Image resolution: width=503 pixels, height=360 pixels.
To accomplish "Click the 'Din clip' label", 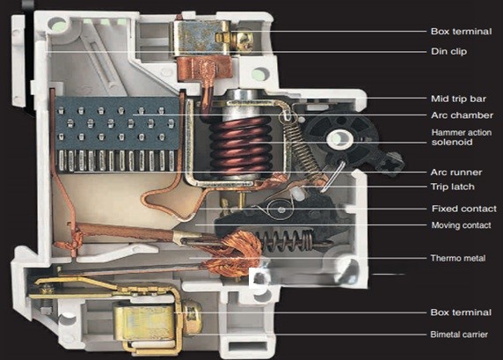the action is click(x=448, y=51).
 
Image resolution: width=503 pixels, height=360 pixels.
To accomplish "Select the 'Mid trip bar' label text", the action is click(x=458, y=99).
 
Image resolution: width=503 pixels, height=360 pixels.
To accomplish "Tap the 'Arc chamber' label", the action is click(x=462, y=115).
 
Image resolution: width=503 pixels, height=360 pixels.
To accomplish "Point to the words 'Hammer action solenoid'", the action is click(x=462, y=137).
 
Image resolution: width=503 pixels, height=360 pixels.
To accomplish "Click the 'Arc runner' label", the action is click(x=456, y=173).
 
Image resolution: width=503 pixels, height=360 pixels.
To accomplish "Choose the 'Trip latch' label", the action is click(x=452, y=187).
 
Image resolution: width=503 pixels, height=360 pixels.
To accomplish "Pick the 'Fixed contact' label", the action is click(x=463, y=209).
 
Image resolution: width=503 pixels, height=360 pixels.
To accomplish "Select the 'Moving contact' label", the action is click(x=461, y=225).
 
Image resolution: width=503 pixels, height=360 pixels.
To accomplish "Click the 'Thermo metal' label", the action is click(x=458, y=258).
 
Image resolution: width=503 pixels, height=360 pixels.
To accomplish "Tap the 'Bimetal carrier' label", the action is click(x=459, y=334).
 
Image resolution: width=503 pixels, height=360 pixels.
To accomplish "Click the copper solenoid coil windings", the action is click(x=240, y=144).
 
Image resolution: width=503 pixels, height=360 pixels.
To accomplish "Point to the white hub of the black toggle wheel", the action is click(x=339, y=139).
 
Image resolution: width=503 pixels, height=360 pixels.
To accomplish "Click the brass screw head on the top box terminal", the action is click(x=244, y=40).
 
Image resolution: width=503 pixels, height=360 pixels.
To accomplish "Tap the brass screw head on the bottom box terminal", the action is click(x=193, y=317).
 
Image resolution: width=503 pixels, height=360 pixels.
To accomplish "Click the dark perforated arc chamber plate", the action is click(x=117, y=123).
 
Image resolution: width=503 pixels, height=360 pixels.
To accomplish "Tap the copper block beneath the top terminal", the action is click(x=204, y=68).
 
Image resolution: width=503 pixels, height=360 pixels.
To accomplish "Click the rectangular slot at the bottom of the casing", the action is click(x=248, y=346).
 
